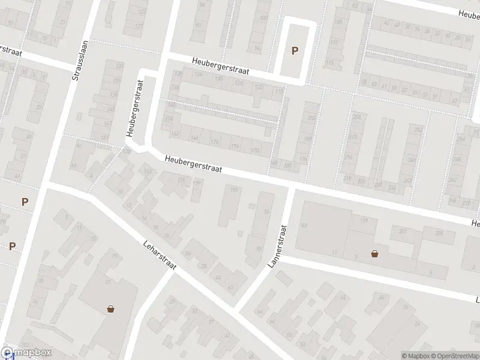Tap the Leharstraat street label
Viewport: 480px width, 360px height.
tap(160, 255)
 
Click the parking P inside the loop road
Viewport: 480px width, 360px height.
tap(294, 51)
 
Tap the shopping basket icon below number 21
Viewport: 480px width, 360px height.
tap(111, 310)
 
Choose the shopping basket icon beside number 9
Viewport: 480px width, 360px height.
tap(375, 253)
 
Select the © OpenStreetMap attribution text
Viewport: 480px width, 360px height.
tap(453, 356)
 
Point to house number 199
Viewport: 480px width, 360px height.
tap(363, 221)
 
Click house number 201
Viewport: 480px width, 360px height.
tap(402, 232)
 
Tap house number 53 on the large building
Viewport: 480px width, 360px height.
tap(304, 225)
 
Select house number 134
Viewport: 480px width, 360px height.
tap(199, 75)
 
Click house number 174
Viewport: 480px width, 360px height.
tap(235, 146)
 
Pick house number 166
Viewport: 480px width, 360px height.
tap(194, 137)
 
